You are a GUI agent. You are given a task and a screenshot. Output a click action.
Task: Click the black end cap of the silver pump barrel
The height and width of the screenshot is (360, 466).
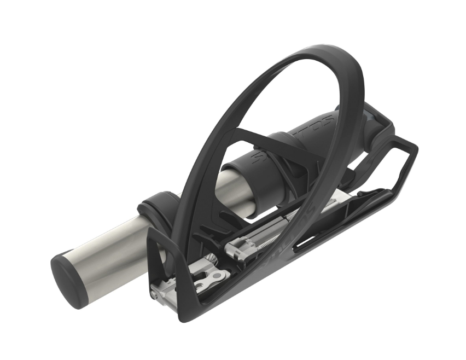[x=68, y=279]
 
